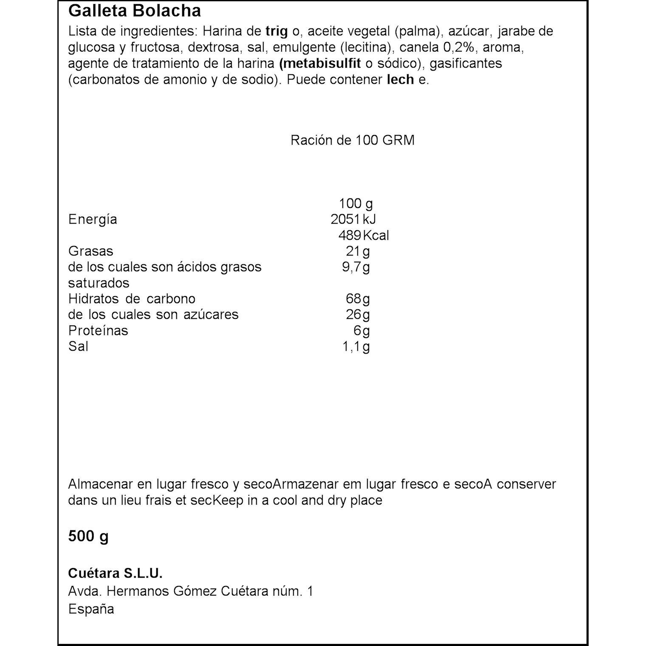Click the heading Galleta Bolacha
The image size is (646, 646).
[x=134, y=11]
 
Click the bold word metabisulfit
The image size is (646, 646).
[x=320, y=63]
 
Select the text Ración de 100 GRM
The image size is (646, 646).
[x=352, y=140]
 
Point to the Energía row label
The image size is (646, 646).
[x=92, y=220]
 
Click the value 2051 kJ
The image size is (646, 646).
[x=353, y=219]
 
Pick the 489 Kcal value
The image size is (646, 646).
[x=363, y=235]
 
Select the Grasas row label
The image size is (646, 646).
[x=91, y=251]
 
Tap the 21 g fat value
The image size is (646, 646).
[x=358, y=251]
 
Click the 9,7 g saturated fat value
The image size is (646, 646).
[x=356, y=267]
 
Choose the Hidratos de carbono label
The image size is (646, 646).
[x=131, y=299]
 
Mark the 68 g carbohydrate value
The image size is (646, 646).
[x=358, y=299]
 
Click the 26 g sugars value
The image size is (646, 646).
[x=358, y=314]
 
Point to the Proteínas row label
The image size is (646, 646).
[x=98, y=331]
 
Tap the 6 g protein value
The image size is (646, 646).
[x=362, y=331]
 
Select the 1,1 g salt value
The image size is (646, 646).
[x=356, y=346]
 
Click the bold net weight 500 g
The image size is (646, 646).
[x=88, y=536]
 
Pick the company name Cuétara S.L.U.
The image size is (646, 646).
[x=115, y=574]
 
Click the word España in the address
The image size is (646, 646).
[x=91, y=609]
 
